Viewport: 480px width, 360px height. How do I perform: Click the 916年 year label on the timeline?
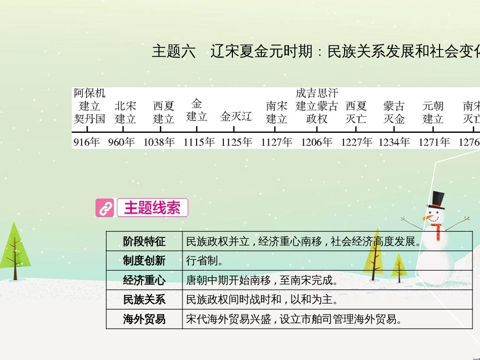tap(87, 142)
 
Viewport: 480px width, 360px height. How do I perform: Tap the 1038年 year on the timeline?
tap(159, 142)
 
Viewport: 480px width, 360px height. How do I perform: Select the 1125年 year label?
tap(236, 142)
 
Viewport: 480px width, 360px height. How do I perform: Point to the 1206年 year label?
tap(317, 142)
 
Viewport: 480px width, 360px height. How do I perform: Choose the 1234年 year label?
tap(394, 142)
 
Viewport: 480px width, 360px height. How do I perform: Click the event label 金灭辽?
tap(236, 117)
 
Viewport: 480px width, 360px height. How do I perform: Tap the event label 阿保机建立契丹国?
tap(90, 106)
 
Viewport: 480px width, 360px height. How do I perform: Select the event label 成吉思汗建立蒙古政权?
tap(317, 106)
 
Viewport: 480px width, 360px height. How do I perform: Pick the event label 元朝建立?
tap(433, 113)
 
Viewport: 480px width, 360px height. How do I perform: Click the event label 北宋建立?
tap(125, 113)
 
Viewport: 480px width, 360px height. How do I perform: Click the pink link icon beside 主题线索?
tap(105, 208)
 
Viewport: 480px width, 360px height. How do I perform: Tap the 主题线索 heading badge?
tap(152, 208)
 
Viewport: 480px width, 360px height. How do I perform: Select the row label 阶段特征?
tap(144, 242)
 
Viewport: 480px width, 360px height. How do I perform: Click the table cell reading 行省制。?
tap(204, 261)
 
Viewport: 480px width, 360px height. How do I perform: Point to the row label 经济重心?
tap(144, 280)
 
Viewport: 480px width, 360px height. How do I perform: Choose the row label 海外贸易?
tap(144, 319)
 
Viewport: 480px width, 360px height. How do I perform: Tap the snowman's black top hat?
tap(436, 200)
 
